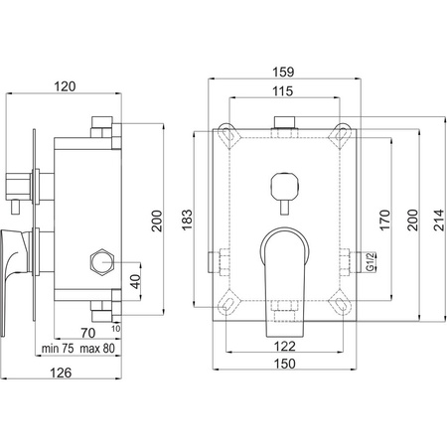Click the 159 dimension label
(283, 72)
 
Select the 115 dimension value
(283, 91)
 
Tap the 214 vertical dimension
(439, 220)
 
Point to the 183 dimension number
(187, 220)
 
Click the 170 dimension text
(384, 220)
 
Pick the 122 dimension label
(285, 347)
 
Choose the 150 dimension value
(285, 364)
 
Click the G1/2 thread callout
(372, 261)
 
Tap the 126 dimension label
(61, 372)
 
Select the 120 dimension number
(65, 86)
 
